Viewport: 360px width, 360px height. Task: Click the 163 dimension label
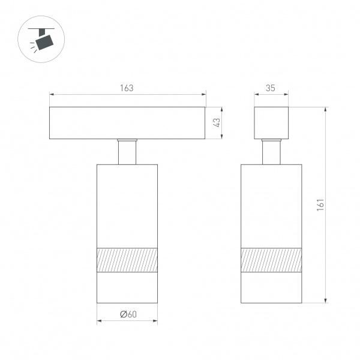[127, 88]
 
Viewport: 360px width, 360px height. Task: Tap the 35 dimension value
[271, 88]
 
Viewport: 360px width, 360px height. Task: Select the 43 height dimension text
[217, 122]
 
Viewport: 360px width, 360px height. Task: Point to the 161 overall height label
[320, 205]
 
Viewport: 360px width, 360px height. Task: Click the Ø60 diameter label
[128, 314]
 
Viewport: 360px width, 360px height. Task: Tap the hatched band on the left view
[127, 260]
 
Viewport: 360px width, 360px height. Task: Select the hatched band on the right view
[271, 260]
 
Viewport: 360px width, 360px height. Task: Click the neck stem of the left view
[127, 152]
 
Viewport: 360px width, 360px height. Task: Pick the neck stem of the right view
[271, 152]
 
